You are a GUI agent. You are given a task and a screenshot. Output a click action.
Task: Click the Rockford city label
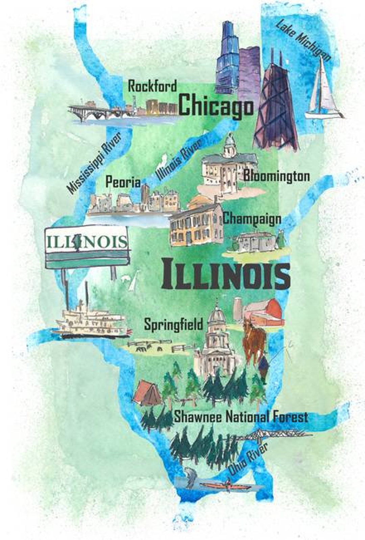coord(152,86)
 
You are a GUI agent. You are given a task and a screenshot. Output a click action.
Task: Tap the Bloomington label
coord(276,176)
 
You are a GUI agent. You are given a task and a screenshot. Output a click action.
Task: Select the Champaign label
coord(252,218)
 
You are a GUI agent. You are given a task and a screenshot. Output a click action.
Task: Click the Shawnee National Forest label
coord(241,417)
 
